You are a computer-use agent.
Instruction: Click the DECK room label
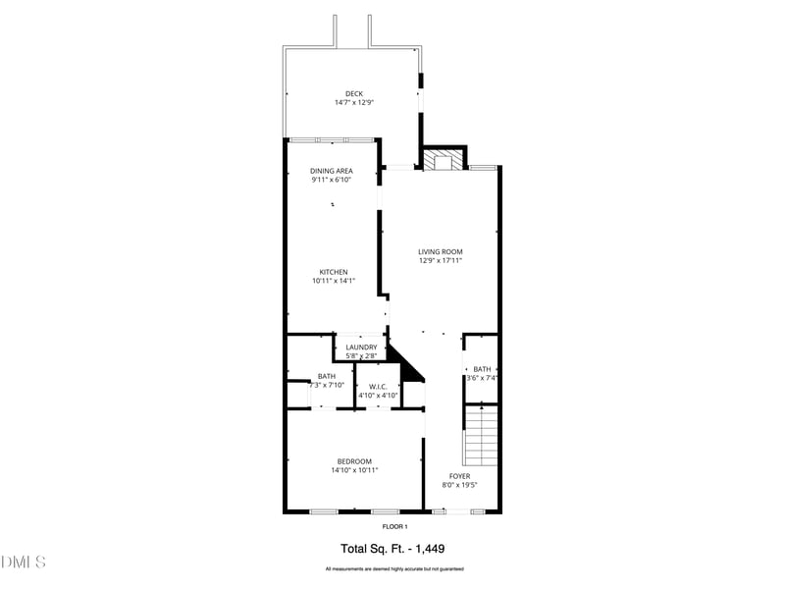click(354, 94)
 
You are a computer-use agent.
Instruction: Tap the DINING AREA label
click(332, 171)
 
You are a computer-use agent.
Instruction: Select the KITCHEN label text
click(334, 272)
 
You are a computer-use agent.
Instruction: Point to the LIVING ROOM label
click(441, 252)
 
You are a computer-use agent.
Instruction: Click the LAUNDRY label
click(361, 348)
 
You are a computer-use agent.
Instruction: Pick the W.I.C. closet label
click(377, 386)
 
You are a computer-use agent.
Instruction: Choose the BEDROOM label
click(354, 461)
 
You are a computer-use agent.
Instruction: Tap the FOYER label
click(459, 476)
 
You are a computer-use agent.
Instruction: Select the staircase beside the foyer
click(481, 437)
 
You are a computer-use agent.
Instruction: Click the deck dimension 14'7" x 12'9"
click(354, 103)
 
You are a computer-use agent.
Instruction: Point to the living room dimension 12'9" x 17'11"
click(441, 261)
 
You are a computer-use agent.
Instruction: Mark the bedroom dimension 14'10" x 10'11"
click(354, 470)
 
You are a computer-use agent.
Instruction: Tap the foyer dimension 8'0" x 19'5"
click(459, 485)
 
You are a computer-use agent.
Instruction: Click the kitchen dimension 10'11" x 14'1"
click(334, 281)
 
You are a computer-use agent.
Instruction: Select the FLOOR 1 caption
click(394, 527)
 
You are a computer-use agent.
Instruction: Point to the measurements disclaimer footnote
click(394, 569)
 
